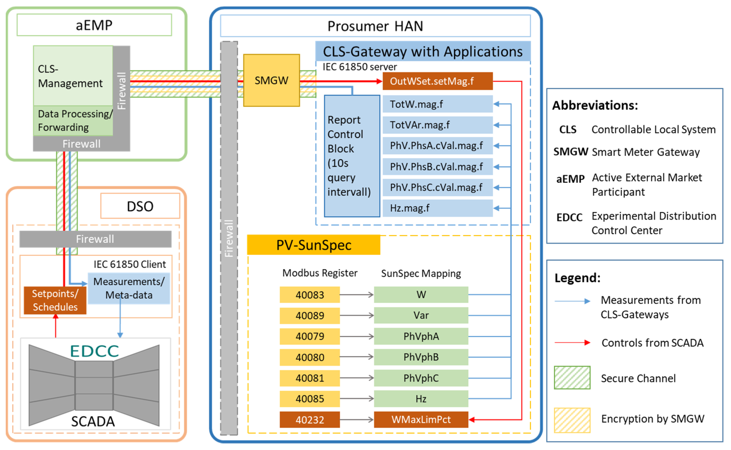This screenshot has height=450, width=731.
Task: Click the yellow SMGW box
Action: [271, 80]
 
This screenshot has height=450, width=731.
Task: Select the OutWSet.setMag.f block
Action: [437, 81]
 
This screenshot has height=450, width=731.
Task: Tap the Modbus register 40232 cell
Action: [309, 420]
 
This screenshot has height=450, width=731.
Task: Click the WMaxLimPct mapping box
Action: [421, 420]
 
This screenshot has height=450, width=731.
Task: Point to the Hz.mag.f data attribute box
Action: [437, 208]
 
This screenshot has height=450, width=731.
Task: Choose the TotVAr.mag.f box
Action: [437, 125]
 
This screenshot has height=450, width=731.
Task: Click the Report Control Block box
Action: [352, 156]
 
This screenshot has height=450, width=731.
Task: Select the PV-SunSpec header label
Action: [314, 245]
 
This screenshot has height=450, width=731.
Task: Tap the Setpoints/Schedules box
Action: [55, 300]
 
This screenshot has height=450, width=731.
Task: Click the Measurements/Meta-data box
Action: [129, 288]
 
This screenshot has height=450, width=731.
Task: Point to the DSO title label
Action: [140, 206]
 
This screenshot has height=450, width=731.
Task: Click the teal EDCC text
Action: [94, 351]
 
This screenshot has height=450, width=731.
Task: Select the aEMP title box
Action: [94, 25]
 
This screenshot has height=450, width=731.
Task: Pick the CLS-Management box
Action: [73, 76]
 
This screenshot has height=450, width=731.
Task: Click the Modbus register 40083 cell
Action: [309, 295]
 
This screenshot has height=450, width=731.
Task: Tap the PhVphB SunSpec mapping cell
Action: [421, 357]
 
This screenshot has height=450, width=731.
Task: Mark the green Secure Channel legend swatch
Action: [572, 378]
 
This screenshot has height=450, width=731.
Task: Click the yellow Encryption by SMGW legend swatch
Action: [572, 420]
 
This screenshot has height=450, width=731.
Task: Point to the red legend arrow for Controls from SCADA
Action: [572, 343]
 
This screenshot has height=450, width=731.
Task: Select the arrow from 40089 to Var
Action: [357, 315]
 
